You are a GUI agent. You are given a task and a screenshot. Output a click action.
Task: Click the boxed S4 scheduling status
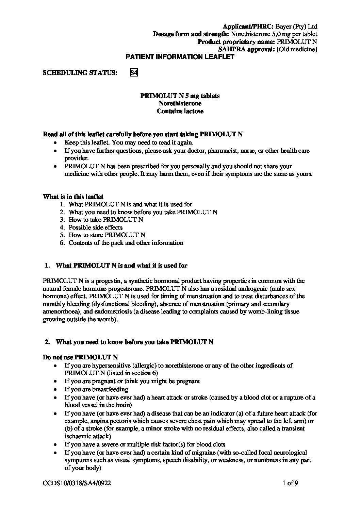pyautogui.click(x=134, y=73)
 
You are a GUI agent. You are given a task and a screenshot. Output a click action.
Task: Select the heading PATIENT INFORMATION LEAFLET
pyautogui.click(x=180, y=57)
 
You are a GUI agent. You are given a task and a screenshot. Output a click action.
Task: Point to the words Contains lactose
pyautogui.click(x=180, y=111)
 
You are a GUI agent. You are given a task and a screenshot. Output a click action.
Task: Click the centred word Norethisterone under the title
pyautogui.click(x=180, y=103)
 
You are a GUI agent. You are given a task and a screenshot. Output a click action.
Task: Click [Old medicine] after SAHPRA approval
pyautogui.click(x=297, y=50)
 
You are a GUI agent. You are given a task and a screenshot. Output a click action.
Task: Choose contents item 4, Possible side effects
pyautogui.click(x=96, y=227)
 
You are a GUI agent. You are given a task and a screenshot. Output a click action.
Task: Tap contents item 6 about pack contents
pyautogui.click(x=126, y=243)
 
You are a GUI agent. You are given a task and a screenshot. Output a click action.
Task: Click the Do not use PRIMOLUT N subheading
pyautogui.click(x=80, y=357)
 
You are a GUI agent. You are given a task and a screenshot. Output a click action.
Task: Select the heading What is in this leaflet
pyautogui.click(x=73, y=197)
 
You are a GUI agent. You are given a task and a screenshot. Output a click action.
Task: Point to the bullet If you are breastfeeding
pyautogui.click(x=96, y=389)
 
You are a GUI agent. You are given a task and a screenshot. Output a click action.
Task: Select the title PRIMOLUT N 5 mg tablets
pyautogui.click(x=180, y=96)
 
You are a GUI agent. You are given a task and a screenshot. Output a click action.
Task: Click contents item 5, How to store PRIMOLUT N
pyautogui.click(x=107, y=235)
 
